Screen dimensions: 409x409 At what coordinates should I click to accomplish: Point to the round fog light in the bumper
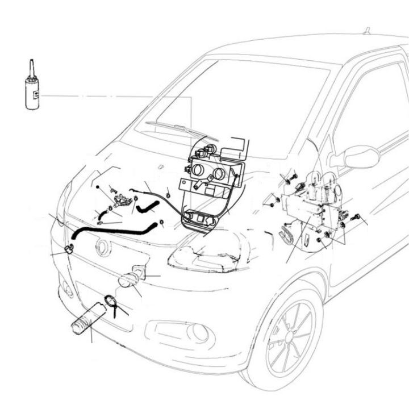[x=199, y=332]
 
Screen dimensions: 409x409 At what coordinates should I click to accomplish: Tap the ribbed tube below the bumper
[x=87, y=322]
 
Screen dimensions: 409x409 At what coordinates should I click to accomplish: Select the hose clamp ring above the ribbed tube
[x=110, y=301]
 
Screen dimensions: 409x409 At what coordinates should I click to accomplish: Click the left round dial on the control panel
[x=198, y=169]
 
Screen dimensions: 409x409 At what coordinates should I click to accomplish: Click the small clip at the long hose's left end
[x=69, y=248]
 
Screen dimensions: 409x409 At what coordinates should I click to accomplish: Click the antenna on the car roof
[x=366, y=30]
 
